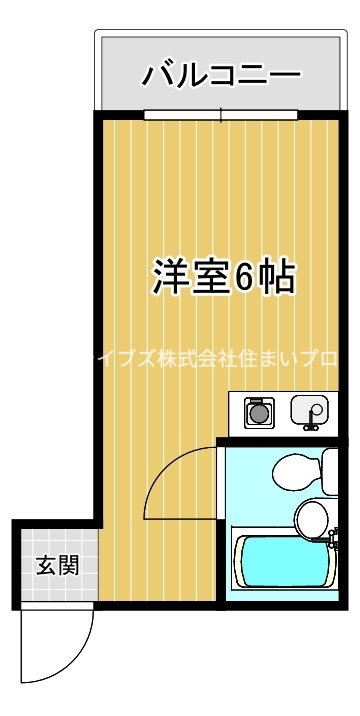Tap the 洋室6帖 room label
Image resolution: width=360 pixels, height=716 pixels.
224,276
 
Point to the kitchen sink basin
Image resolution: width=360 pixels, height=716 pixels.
307,410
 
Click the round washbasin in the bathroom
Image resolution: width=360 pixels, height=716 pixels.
311,518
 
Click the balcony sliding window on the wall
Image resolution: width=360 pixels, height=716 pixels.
223,114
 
